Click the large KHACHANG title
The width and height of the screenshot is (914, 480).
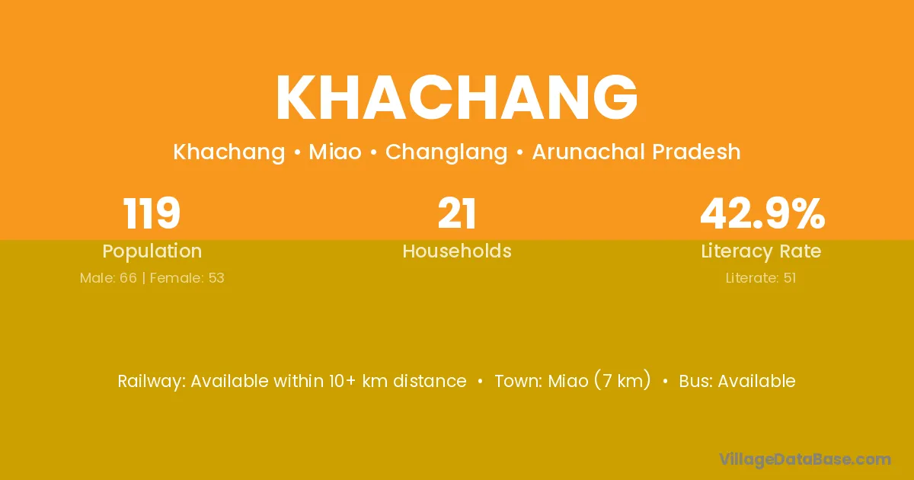[x=456, y=98]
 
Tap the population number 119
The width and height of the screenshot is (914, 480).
[x=152, y=213]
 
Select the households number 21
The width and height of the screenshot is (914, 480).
[x=456, y=213]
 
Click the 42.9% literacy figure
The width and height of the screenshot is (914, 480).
[x=762, y=213]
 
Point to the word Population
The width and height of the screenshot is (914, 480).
[x=152, y=251]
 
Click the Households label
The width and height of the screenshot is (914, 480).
[x=457, y=251]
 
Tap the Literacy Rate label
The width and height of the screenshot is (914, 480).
[x=761, y=251]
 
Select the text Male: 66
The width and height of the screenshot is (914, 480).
[x=108, y=278]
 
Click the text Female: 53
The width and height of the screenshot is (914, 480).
[x=187, y=278]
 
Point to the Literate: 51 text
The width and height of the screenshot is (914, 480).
[x=761, y=278]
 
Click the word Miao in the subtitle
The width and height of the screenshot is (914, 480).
[x=335, y=152]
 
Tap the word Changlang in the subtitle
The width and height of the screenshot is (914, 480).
[x=446, y=152]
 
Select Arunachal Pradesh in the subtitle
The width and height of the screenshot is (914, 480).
[x=636, y=152]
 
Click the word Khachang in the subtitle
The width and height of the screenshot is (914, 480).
[x=229, y=152]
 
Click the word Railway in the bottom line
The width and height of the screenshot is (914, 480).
[x=152, y=382]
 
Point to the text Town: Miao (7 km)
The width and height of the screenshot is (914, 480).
[x=573, y=381]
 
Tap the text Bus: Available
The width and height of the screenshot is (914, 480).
[x=737, y=381]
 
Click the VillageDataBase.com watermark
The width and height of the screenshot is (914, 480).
[x=804, y=459]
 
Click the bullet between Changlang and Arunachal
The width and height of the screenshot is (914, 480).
[x=519, y=152]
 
